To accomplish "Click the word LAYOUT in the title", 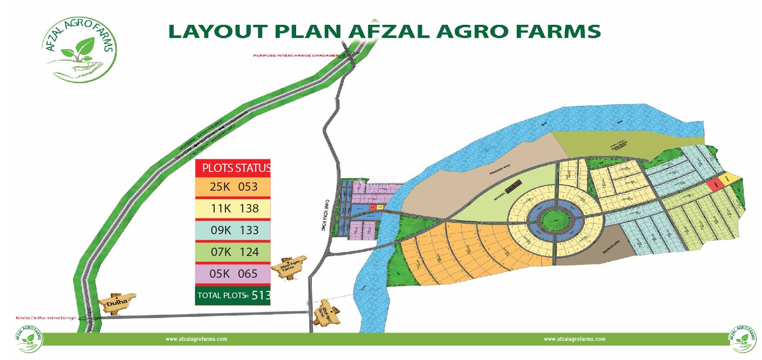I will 218,32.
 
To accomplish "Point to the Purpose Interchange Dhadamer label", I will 296,56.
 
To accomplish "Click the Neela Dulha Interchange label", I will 46,318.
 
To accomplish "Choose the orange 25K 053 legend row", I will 233,187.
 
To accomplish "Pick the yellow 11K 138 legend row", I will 233,209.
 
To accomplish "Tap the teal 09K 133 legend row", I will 233,230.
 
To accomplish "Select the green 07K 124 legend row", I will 233,252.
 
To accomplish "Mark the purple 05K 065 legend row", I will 233,274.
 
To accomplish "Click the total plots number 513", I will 261,296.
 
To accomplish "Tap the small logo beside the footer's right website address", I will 743,339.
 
